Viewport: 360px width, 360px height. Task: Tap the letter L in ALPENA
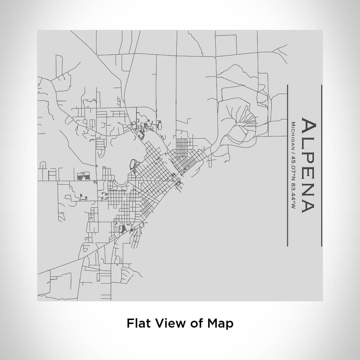309,143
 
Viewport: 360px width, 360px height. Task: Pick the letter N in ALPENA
309,189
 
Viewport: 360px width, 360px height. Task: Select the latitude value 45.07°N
293,166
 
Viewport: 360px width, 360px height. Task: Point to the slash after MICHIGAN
293,153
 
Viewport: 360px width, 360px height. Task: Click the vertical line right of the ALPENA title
321,166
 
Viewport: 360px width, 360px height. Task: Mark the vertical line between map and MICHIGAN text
288,166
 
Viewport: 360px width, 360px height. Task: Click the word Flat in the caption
138,323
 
